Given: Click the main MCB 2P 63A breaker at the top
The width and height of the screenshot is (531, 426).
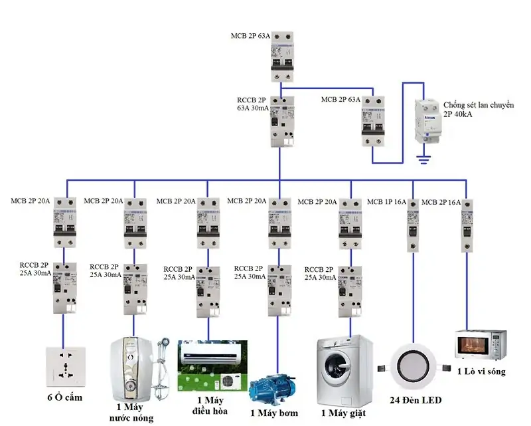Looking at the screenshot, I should [x=282, y=58].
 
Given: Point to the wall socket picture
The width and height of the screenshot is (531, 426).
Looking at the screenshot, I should [x=64, y=367].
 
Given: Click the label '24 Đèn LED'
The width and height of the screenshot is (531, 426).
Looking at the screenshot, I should [x=415, y=400].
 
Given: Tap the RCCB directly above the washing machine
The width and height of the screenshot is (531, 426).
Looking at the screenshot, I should [x=349, y=290].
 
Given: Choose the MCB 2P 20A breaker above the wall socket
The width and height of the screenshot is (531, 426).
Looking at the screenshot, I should [x=64, y=224].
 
